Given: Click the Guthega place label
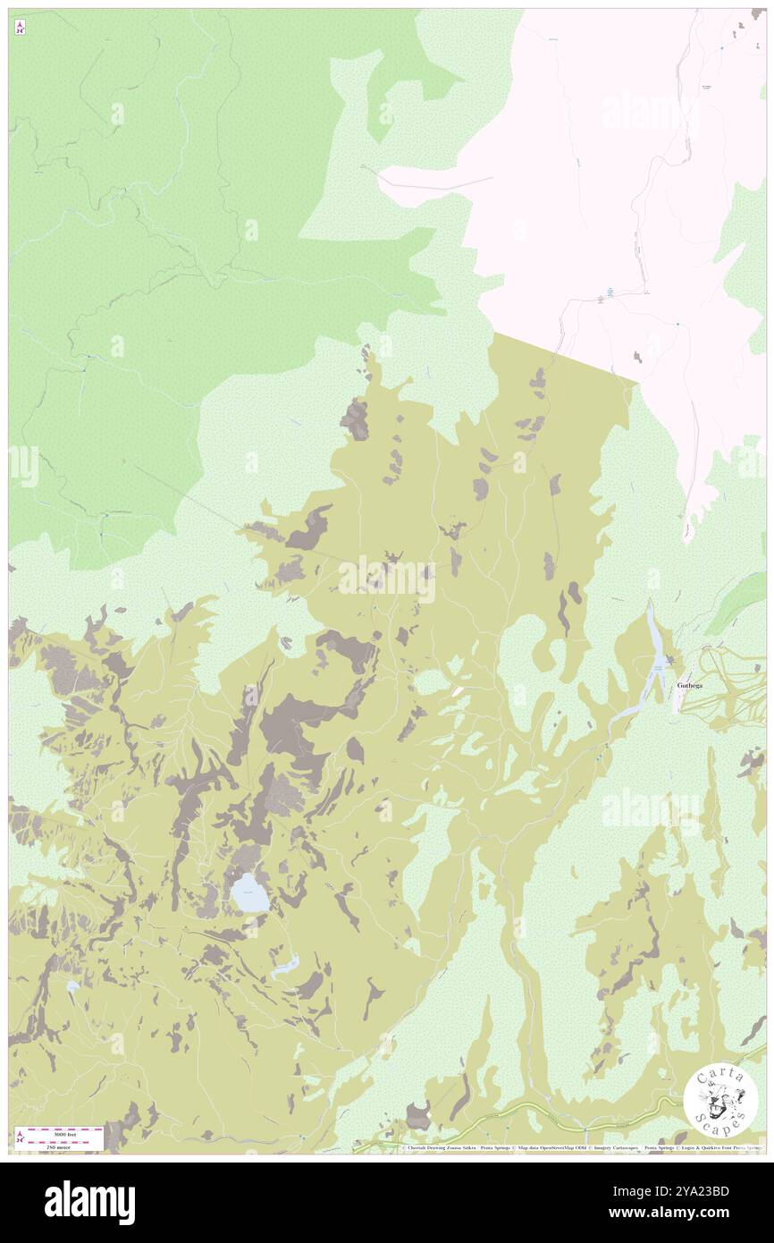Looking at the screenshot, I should (x=694, y=686).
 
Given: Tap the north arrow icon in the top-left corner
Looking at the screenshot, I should (x=20, y=28).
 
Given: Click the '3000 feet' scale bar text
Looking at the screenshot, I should (x=59, y=1132).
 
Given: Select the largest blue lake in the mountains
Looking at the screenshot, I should (x=249, y=893).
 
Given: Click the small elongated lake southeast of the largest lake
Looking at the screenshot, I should (x=285, y=965).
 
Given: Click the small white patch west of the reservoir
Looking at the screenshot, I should (x=458, y=691).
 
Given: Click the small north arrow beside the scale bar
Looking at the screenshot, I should (x=20, y=1137).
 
